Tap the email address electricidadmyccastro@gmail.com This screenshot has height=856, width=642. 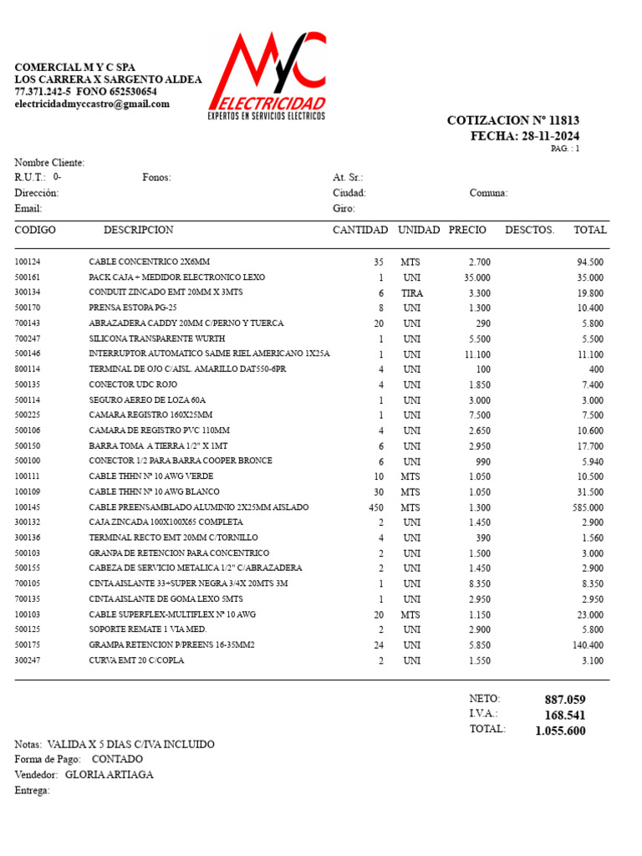tap(92, 104)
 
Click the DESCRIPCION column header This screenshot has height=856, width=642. tap(138, 230)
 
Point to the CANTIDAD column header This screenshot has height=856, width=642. tap(360, 230)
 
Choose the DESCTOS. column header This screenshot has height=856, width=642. tap(529, 230)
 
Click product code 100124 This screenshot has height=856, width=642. tap(28, 262)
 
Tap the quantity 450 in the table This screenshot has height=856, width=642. tap(375, 507)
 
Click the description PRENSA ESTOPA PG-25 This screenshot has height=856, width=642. tap(133, 308)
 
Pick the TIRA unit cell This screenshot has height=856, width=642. tap(411, 293)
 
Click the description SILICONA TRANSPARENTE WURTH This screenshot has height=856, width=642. tap(157, 339)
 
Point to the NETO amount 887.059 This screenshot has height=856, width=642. tap(565, 700)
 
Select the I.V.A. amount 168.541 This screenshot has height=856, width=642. tap(565, 716)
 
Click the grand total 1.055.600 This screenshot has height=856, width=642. tap(560, 731)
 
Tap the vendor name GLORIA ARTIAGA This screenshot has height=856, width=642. tap(115, 775)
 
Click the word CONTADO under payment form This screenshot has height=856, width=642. tap(117, 759)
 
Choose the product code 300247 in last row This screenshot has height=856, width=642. tap(28, 660)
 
